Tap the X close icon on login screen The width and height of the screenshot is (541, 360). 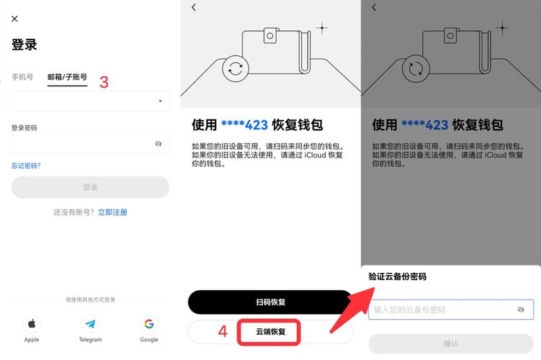tap(15, 19)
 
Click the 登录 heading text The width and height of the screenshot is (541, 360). tap(24, 45)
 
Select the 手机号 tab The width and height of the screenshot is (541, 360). tap(22, 77)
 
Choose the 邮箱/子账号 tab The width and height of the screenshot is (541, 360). tap(67, 77)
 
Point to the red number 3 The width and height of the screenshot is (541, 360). tap(104, 82)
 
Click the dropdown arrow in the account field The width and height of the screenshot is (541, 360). tap(160, 102)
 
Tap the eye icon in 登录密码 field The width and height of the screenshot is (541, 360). tap(158, 144)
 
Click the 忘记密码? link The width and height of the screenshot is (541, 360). tap(26, 166)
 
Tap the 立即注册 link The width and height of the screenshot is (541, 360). tap(112, 212)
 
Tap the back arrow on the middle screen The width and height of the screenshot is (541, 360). tap(194, 7)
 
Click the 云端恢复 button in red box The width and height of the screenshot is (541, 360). tap(271, 332)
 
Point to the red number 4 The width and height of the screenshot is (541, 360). tap(223, 332)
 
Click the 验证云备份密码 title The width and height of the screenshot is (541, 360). tap(397, 276)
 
